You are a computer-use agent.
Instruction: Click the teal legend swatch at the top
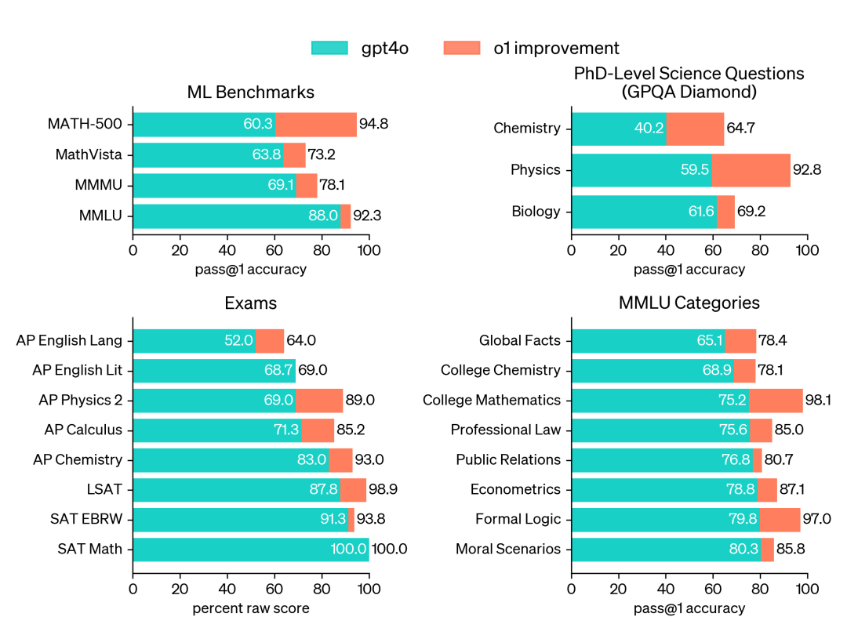[x=329, y=48]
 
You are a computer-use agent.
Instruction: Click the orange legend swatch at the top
[x=461, y=48]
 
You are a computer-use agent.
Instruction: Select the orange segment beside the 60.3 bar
[x=316, y=125]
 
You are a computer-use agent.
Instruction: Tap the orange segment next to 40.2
[x=695, y=129]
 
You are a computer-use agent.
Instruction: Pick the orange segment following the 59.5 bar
[x=751, y=170]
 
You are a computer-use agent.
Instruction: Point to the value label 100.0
[x=348, y=550]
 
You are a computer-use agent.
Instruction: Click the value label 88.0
[x=323, y=216]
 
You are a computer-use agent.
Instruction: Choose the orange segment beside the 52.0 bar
[x=270, y=341]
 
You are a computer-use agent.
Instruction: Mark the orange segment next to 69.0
[x=319, y=401]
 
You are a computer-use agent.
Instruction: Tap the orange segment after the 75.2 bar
[x=776, y=401]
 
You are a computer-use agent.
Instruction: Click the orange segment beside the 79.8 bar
[x=780, y=520]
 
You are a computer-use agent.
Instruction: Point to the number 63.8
[x=267, y=155]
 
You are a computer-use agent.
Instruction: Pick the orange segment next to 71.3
[x=318, y=430]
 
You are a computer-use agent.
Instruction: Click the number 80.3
[x=743, y=550]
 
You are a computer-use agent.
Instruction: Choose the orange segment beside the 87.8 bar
[x=353, y=490]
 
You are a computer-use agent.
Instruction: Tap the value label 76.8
[x=736, y=460]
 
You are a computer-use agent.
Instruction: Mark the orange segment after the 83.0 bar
[x=340, y=460]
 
